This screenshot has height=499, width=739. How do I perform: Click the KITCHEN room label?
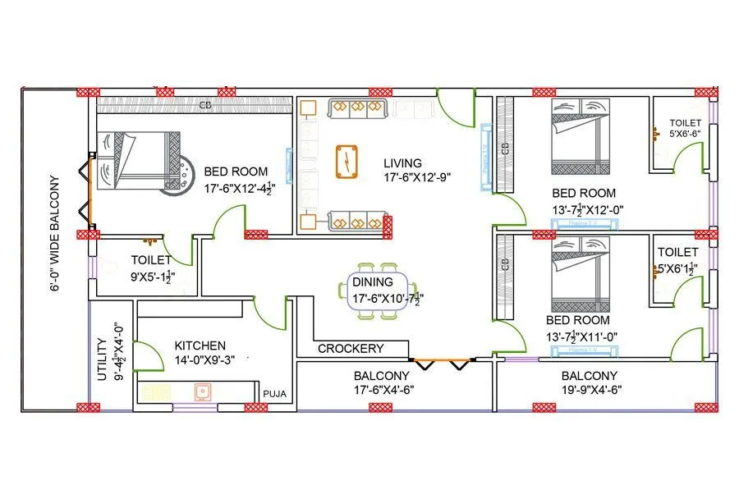pos(200,346)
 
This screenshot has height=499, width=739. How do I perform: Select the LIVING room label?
pos(402,163)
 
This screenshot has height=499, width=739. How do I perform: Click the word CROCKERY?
pos(351,348)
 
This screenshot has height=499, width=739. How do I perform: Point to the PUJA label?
pos(274,394)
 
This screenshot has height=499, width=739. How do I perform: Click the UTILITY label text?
pos(100,359)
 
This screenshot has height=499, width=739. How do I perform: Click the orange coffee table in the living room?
pos(347,160)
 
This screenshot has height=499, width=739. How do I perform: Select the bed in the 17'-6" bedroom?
pos(138,161)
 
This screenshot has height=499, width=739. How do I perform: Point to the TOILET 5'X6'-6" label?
pos(684,127)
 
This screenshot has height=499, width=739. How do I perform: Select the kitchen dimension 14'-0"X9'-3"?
pos(204,361)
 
